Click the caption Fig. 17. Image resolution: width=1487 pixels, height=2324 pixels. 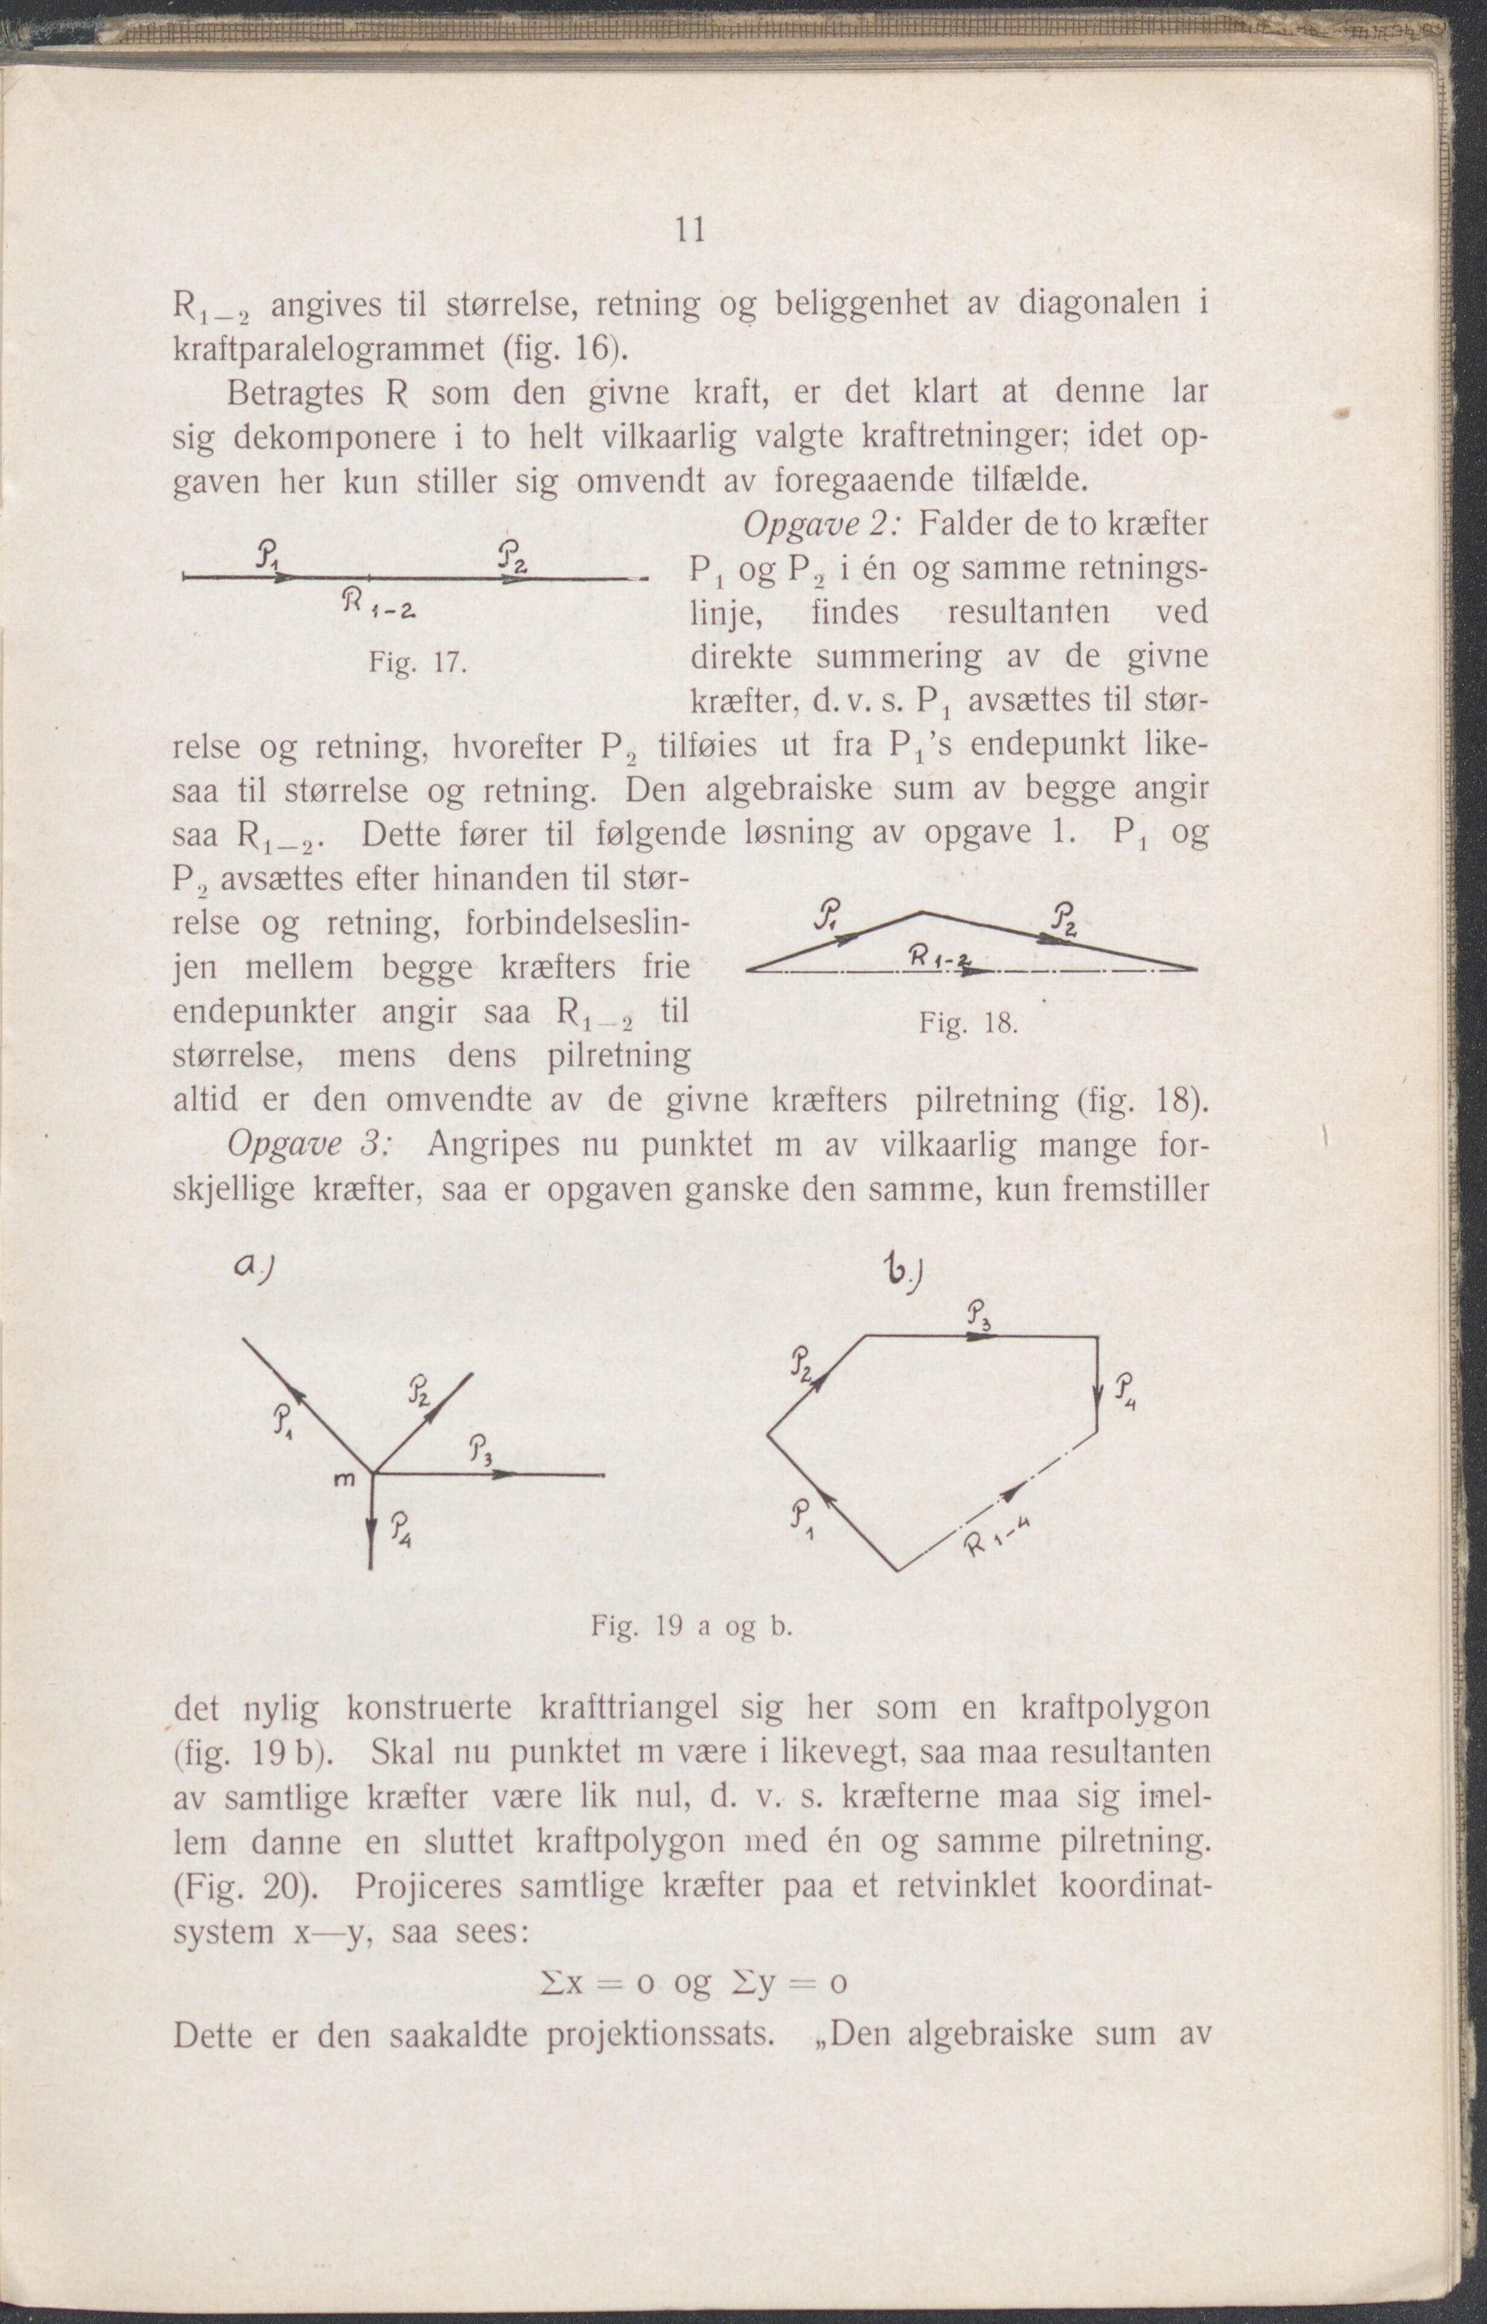[417, 664]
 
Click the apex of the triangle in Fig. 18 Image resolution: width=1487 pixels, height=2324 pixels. [923, 911]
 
